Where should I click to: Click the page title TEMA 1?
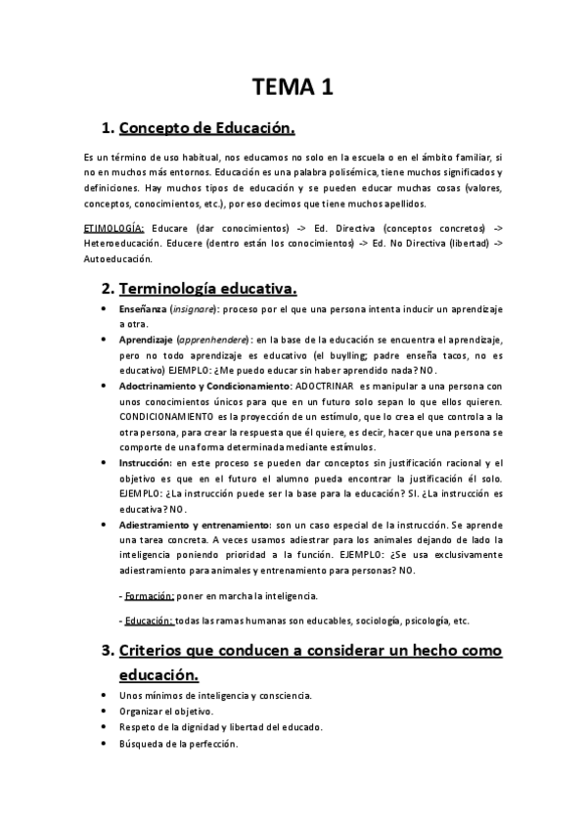[x=293, y=86]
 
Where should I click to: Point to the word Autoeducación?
[x=119, y=259]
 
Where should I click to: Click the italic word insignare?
[x=198, y=308]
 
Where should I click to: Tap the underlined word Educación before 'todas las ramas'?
[x=149, y=621]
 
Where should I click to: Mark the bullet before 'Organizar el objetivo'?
[x=105, y=711]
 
